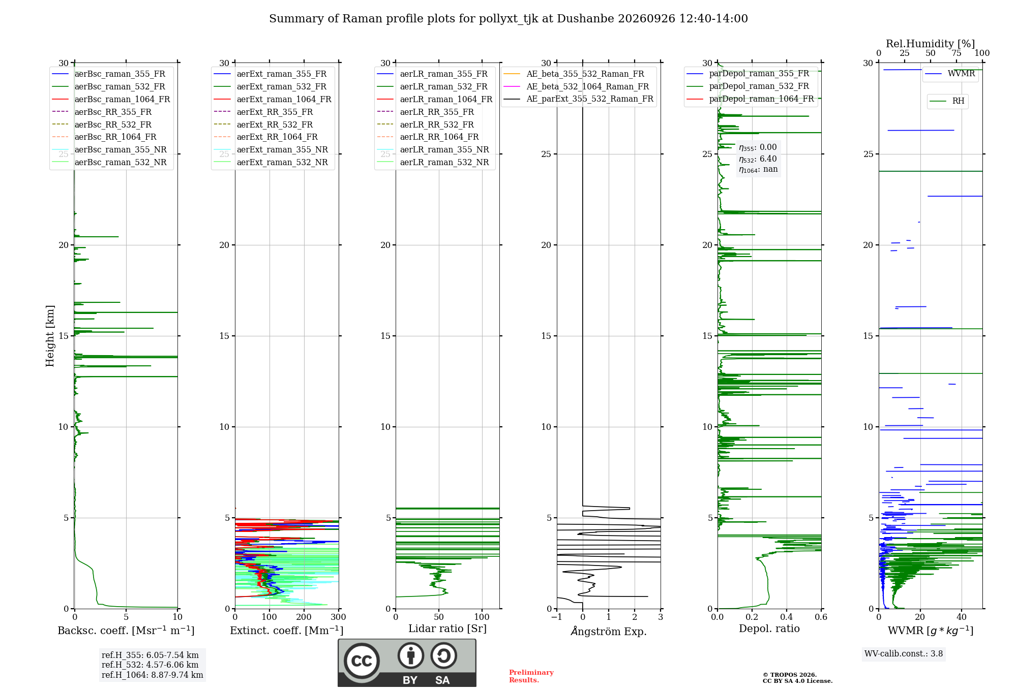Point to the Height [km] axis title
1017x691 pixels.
[50, 336]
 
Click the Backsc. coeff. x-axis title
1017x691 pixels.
[126, 631]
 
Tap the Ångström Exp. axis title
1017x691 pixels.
[609, 631]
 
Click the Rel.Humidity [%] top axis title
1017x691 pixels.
[931, 44]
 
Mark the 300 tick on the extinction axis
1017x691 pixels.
[339, 617]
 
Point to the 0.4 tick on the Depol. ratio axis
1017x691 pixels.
[787, 617]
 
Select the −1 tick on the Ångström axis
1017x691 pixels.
[557, 617]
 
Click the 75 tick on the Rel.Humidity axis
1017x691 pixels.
[956, 53]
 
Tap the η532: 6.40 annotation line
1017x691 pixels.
[758, 159]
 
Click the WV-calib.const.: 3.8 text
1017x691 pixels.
[904, 654]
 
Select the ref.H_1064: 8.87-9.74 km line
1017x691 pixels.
[153, 675]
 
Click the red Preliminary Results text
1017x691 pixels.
[531, 676]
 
